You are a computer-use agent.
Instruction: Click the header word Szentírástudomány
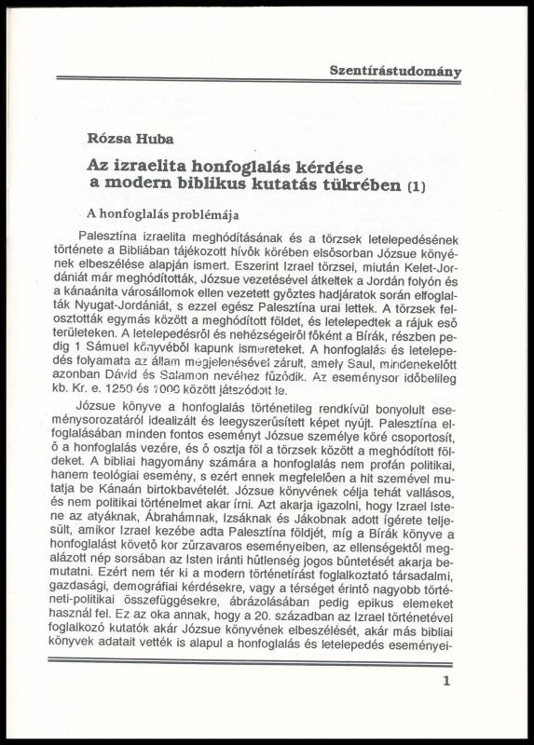tap(395, 71)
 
